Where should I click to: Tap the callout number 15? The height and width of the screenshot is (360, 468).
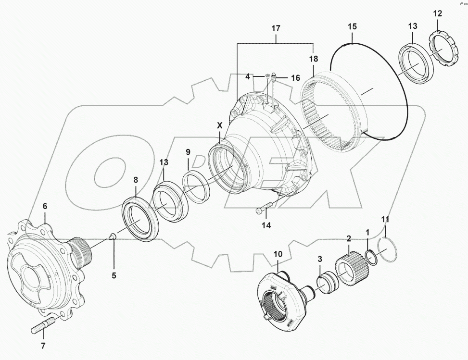coord(352,26)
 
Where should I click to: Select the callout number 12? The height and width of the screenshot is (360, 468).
coord(437,14)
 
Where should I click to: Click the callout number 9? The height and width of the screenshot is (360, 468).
coord(189,153)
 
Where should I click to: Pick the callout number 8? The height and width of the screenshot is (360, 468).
coord(136,180)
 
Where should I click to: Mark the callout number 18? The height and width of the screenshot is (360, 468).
coord(314,59)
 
